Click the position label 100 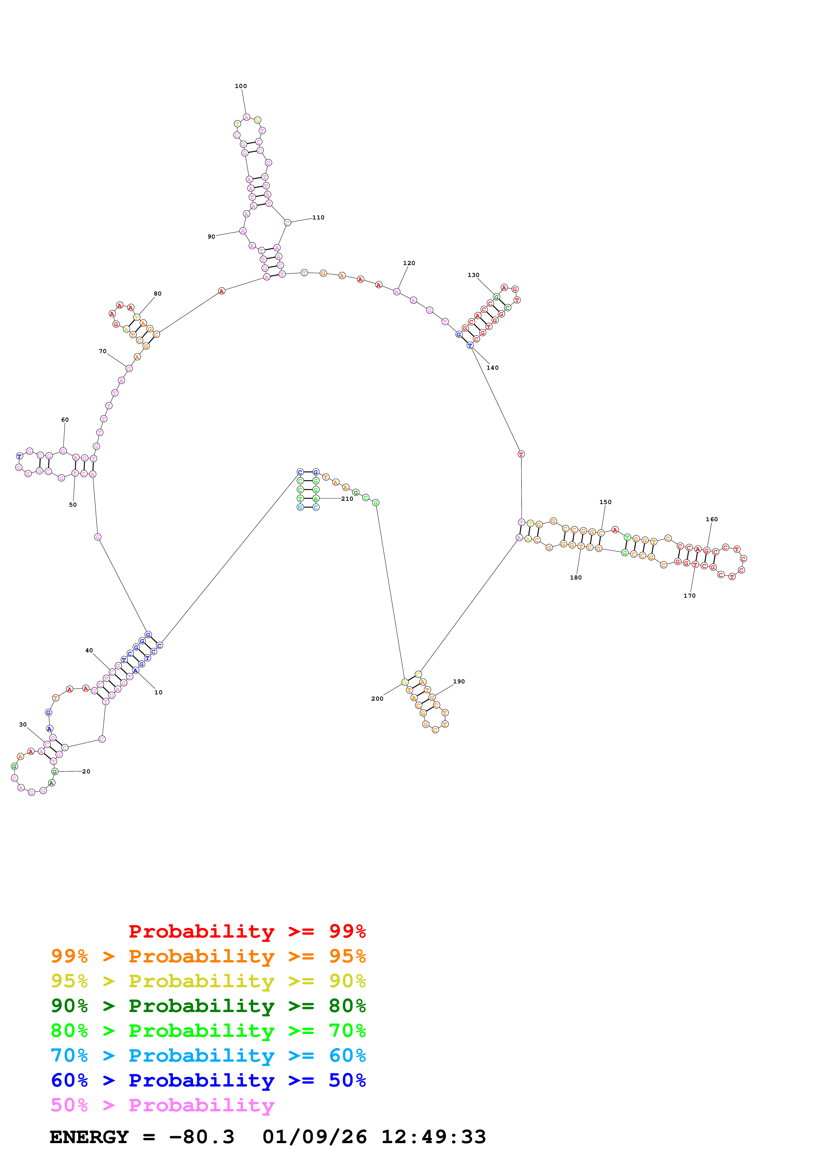(x=241, y=86)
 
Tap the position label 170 (x=690, y=596)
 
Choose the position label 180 (x=576, y=578)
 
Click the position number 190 (x=459, y=682)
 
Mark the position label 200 (x=377, y=699)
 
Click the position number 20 (x=86, y=772)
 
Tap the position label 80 (x=158, y=294)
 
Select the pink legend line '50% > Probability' (x=162, y=1105)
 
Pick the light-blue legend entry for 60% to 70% (x=208, y=1056)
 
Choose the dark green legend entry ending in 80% (x=208, y=1006)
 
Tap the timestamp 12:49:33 (x=434, y=1137)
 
